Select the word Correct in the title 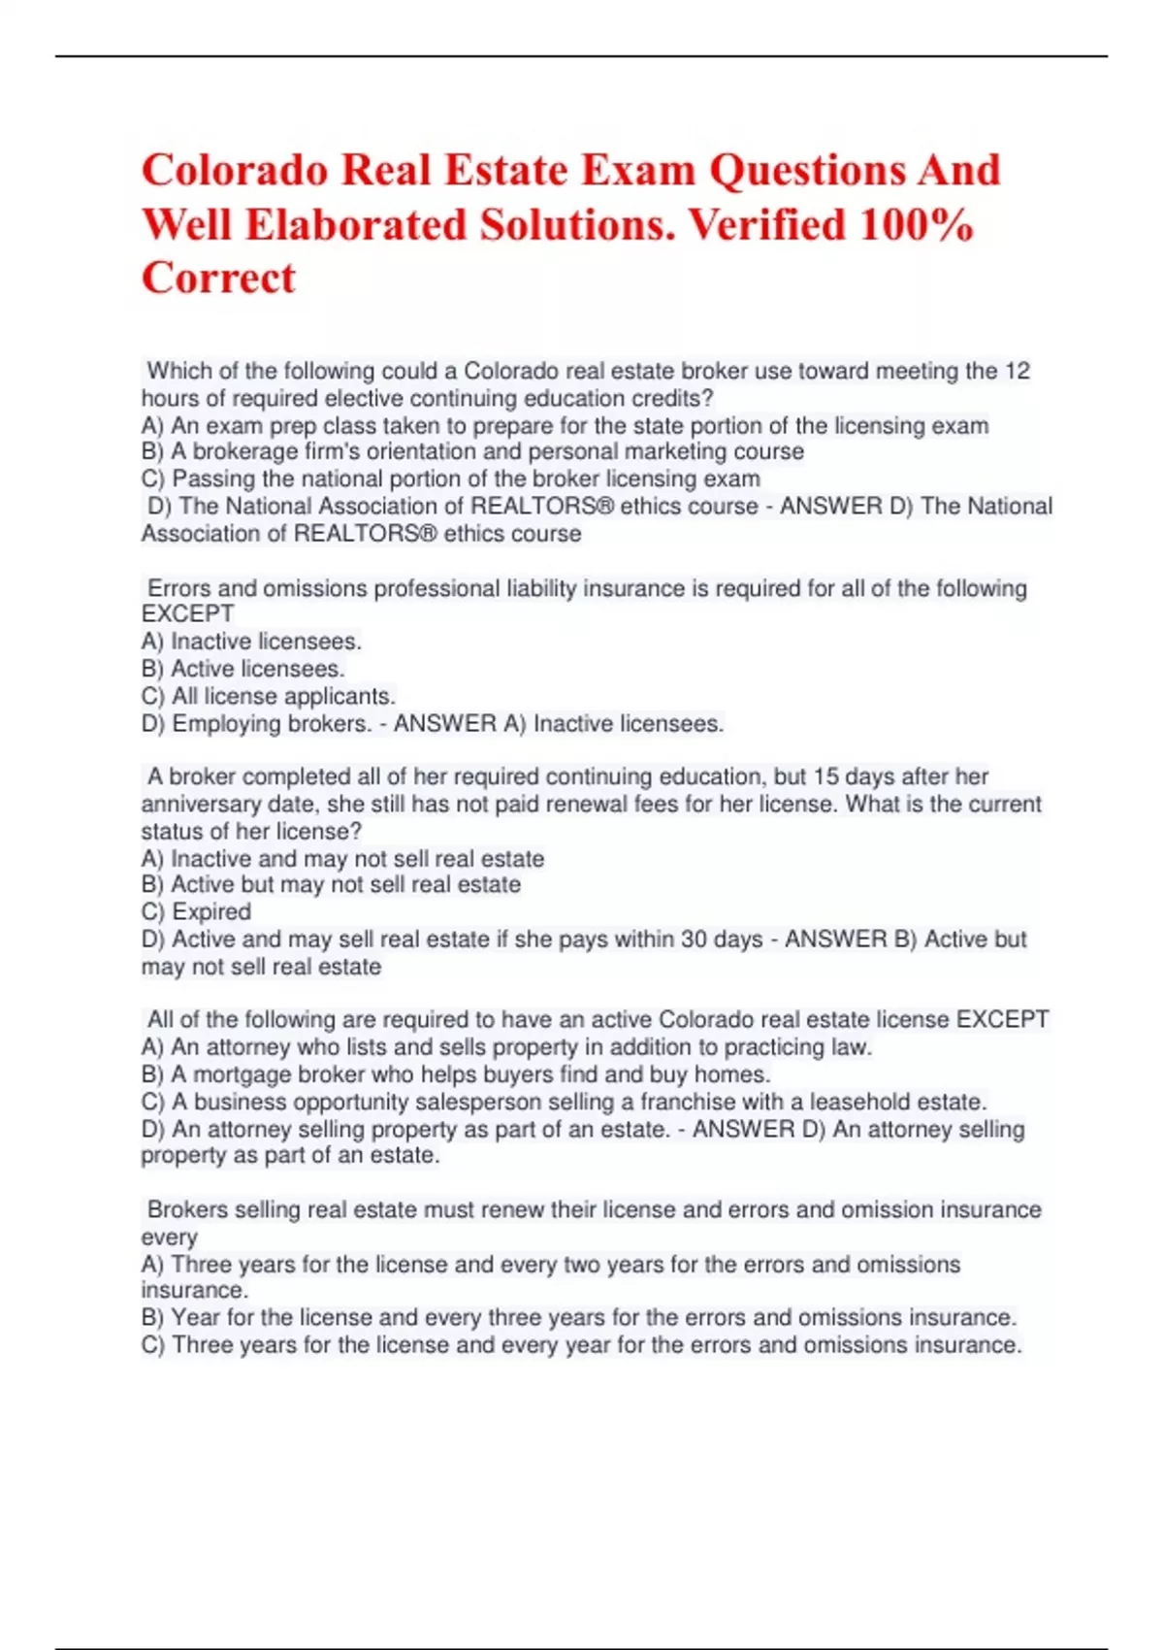(218, 279)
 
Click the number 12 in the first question (1017, 371)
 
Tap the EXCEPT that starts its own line (187, 614)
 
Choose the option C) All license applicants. (268, 696)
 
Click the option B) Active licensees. (242, 669)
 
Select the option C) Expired (196, 911)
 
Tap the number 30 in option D (721, 940)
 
